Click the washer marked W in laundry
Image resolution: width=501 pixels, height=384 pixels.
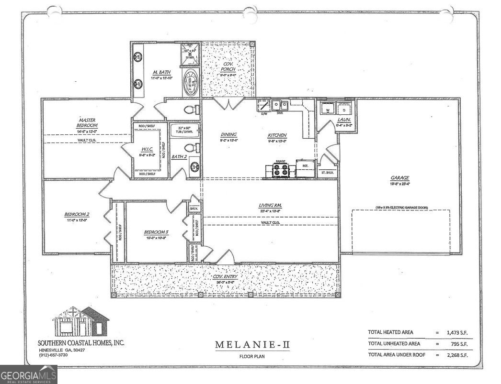(328, 108)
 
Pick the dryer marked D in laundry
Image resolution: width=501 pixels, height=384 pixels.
(344, 108)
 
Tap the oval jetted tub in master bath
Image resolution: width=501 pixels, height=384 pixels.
(191, 83)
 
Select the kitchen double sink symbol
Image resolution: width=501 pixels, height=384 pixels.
(280, 105)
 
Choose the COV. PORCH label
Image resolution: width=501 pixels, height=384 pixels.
(228, 67)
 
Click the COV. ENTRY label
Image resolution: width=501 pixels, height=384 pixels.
(225, 276)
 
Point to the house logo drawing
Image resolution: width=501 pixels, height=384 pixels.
(80, 321)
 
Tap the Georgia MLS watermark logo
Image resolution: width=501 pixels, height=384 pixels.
(29, 374)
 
